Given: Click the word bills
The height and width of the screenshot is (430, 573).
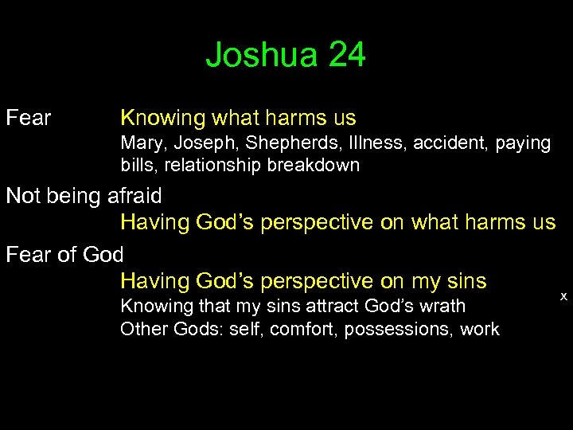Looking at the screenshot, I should (135, 166).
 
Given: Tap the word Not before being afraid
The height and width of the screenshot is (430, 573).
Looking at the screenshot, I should (23, 196).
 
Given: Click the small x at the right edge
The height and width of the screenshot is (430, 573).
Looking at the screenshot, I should (563, 296).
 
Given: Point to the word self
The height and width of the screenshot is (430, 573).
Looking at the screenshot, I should (248, 329).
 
